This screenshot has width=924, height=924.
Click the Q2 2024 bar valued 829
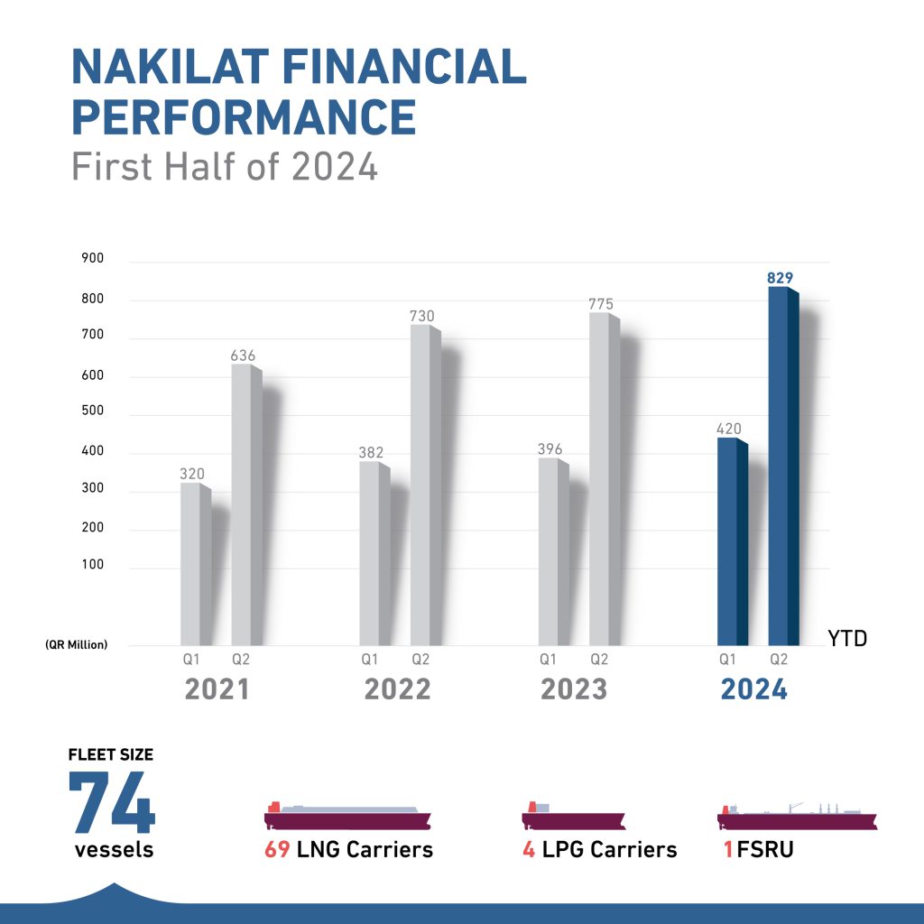tap(781, 465)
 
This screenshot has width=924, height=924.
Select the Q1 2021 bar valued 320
tap(194, 564)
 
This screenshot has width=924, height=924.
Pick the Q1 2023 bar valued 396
tap(551, 551)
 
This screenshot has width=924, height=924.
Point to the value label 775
tap(601, 304)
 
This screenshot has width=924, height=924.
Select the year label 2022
tap(398, 689)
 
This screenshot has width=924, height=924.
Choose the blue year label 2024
tap(753, 689)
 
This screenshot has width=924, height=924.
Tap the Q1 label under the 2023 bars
tap(548, 660)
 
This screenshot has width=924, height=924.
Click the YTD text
tap(847, 639)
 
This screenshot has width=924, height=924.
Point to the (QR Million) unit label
tap(77, 644)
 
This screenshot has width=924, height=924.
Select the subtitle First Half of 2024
tap(225, 168)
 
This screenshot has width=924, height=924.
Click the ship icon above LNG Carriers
tap(348, 816)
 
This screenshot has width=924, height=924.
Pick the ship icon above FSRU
tap(797, 816)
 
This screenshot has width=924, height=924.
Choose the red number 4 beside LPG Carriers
tap(528, 849)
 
